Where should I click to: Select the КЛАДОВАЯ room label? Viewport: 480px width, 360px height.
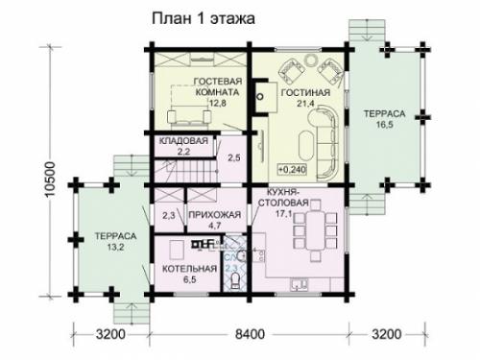177,140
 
